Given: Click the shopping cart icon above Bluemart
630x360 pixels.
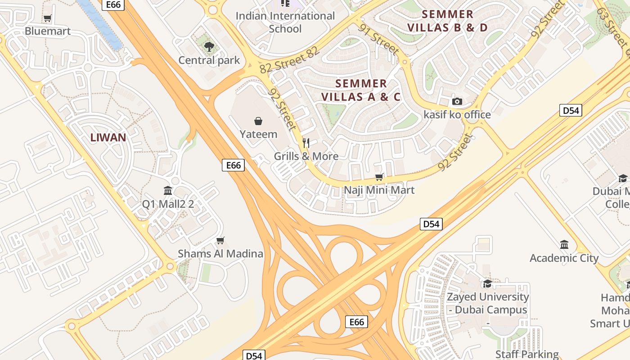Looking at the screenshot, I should pyautogui.click(x=47, y=18).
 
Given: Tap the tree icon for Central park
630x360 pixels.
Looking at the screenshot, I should pyautogui.click(x=209, y=46).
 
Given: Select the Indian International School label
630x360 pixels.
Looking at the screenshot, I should pyautogui.click(x=285, y=22).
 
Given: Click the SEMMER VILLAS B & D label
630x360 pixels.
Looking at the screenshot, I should pyautogui.click(x=447, y=21).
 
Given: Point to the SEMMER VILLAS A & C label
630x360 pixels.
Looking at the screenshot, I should pyautogui.click(x=361, y=90).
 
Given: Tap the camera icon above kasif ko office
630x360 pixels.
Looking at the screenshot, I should pyautogui.click(x=457, y=101).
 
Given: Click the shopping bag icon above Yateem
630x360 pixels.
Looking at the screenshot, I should pyautogui.click(x=258, y=121).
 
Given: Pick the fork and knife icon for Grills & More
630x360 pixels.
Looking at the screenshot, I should pyautogui.click(x=306, y=143).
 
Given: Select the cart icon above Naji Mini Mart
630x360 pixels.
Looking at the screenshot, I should pyautogui.click(x=379, y=177).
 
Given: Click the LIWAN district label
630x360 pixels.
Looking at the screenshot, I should pyautogui.click(x=108, y=138).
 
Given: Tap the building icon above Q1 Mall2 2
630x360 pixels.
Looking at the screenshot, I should pyautogui.click(x=168, y=191).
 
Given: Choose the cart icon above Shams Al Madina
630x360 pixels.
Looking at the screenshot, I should pyautogui.click(x=220, y=241).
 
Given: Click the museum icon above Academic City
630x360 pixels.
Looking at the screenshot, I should pyautogui.click(x=564, y=245).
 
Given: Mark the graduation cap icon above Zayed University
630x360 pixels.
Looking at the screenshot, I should pyautogui.click(x=487, y=283).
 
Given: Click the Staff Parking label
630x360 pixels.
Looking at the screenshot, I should pyautogui.click(x=527, y=354).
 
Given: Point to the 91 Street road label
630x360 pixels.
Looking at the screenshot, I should pyautogui.click(x=378, y=39).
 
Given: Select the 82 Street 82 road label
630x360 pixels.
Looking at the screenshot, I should pyautogui.click(x=289, y=60).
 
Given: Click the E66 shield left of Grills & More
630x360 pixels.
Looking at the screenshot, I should pyautogui.click(x=233, y=165).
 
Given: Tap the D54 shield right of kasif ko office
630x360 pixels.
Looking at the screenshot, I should pyautogui.click(x=571, y=110).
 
